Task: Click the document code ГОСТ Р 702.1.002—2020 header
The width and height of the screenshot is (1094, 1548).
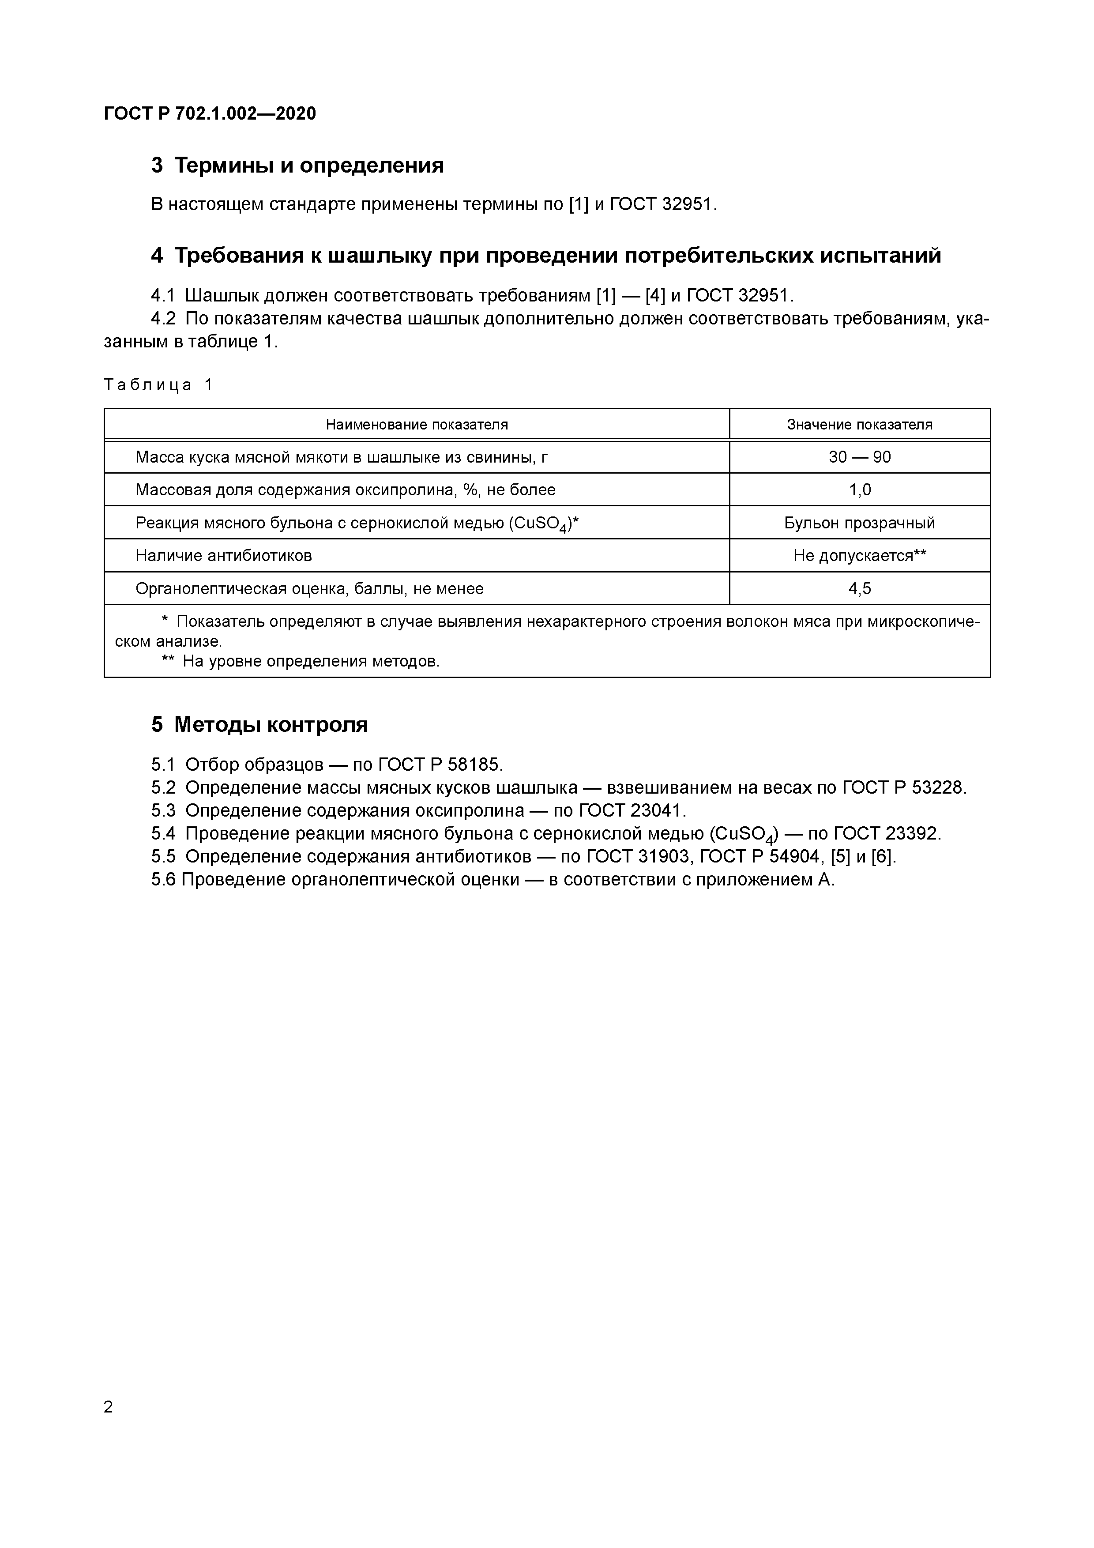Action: coord(210,114)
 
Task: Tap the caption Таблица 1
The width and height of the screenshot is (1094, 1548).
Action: coord(158,385)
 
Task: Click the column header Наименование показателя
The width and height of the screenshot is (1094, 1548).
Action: coord(417,425)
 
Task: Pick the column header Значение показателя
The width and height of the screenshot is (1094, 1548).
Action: coord(859,425)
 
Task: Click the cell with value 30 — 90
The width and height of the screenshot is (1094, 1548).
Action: coord(859,457)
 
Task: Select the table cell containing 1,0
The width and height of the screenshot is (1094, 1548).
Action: coord(859,490)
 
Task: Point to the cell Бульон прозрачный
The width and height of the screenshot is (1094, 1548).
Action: coord(859,523)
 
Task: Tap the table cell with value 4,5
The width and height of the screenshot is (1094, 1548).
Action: coord(859,588)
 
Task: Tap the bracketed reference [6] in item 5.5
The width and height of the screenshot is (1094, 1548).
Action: coord(883,857)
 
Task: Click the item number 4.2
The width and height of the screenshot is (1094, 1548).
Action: coord(163,318)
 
